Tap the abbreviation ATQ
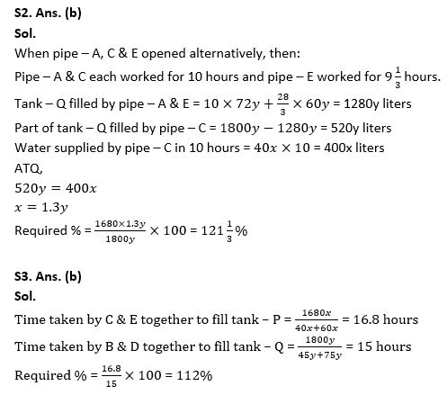[x=27, y=168]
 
